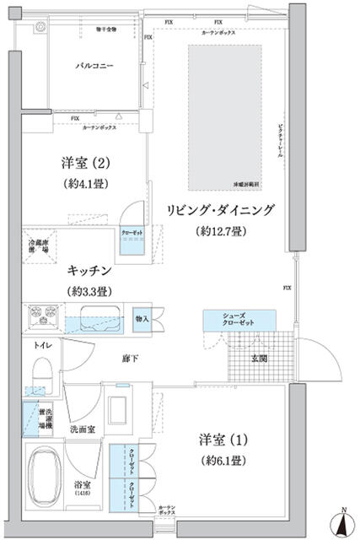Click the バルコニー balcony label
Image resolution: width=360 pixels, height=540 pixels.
click(x=94, y=65)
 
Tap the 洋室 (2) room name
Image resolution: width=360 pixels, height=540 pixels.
click(x=82, y=161)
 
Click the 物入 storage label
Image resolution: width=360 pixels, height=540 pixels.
click(x=142, y=318)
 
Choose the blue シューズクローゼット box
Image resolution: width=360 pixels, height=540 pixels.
click(x=239, y=320)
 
